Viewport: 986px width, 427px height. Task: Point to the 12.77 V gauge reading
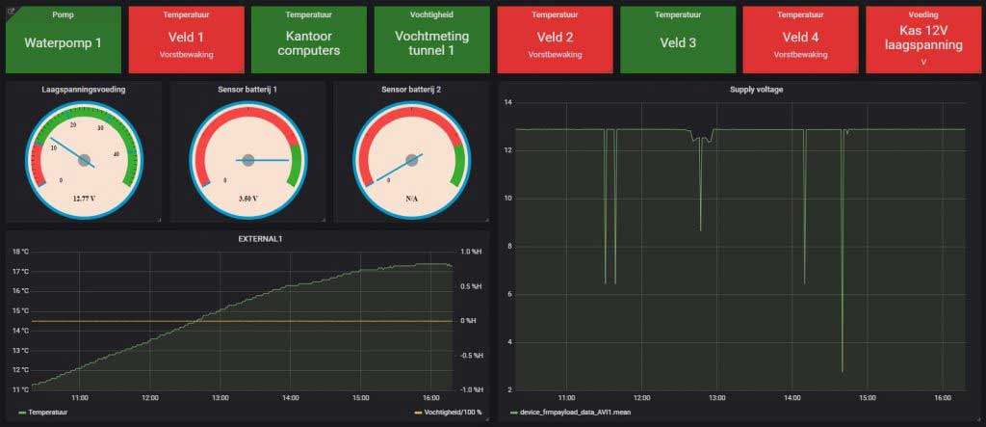coord(84,200)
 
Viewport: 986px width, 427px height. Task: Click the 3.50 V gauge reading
coord(247,200)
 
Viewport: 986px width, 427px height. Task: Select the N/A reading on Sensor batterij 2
coord(411,200)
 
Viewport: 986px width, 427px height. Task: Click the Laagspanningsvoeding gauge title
coord(84,89)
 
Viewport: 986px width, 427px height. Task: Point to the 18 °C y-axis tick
coord(20,252)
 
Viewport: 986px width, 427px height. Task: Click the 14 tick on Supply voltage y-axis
coord(507,102)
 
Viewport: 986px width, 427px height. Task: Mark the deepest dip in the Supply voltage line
coord(842,371)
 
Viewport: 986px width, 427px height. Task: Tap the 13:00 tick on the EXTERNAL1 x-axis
coord(220,397)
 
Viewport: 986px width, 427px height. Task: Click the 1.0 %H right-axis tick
coord(469,252)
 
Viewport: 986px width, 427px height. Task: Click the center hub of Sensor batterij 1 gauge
coord(247,159)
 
